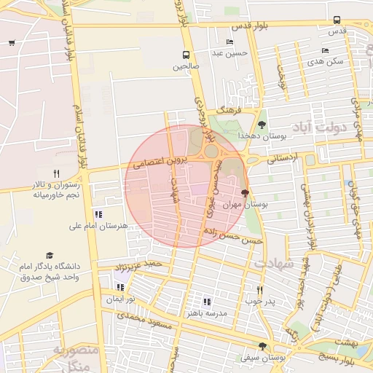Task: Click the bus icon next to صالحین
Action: click(186, 55)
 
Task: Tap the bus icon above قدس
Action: click(336, 20)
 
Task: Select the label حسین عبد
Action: click(229, 52)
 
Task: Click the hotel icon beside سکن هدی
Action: click(325, 50)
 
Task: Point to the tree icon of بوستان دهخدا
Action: click(262, 124)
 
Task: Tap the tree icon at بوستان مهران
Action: click(244, 194)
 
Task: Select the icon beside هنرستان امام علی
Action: click(98, 214)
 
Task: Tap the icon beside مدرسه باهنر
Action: click(207, 301)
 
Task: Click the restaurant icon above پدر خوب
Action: click(259, 289)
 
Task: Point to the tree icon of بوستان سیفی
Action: click(262, 347)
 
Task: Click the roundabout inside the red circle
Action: click(212, 151)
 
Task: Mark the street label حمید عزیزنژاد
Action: click(149, 262)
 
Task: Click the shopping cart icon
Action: click(12, 42)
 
